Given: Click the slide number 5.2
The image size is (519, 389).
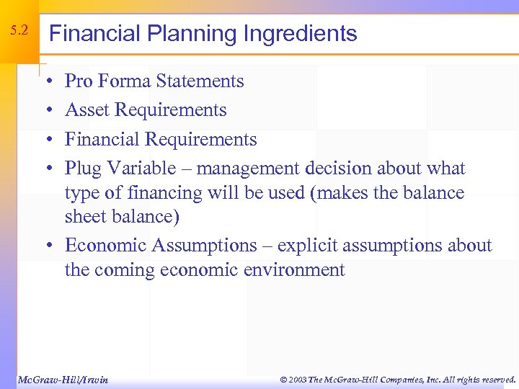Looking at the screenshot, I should [19, 31].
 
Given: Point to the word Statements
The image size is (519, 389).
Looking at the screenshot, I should [200, 81].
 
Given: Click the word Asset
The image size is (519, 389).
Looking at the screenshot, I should [87, 110].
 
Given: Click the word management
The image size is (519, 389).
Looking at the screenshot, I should [248, 169].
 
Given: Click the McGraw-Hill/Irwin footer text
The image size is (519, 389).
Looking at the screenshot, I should [63, 379].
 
